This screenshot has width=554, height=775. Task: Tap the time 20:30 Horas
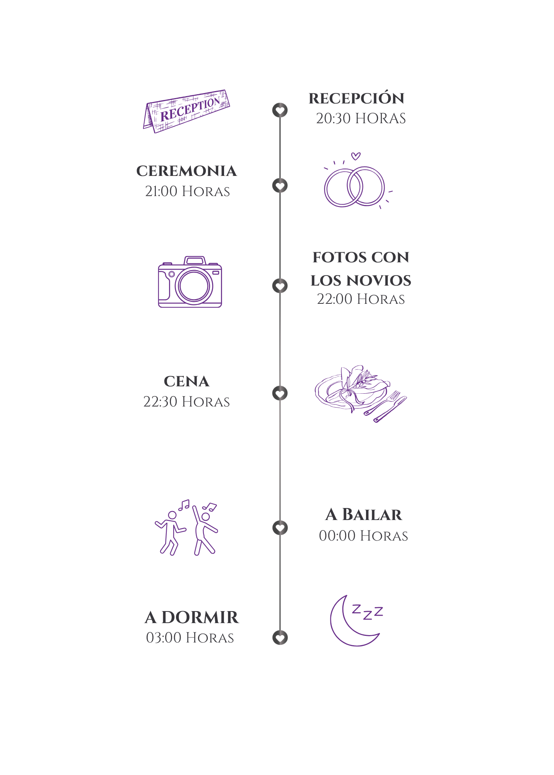pos(361,118)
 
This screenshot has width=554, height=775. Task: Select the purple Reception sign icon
pos(186,111)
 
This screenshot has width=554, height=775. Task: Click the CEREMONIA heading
pos(186,171)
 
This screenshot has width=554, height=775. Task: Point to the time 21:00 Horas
pos(188,191)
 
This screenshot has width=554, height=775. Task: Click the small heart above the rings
pos(356,156)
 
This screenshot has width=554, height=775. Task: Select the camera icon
pos(190,282)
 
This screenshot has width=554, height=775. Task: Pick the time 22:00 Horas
pos(361,299)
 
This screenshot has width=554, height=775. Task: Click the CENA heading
pos(186,381)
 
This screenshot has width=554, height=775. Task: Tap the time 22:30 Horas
pos(186,401)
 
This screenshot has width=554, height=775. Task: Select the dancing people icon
pos(186,527)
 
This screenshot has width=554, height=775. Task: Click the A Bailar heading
pos(363,514)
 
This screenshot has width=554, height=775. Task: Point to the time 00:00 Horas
pos(363,536)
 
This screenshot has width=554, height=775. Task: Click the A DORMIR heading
pos(192,617)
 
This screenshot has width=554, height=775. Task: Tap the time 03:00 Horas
pos(190,637)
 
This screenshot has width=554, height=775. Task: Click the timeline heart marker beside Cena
pos(280,393)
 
